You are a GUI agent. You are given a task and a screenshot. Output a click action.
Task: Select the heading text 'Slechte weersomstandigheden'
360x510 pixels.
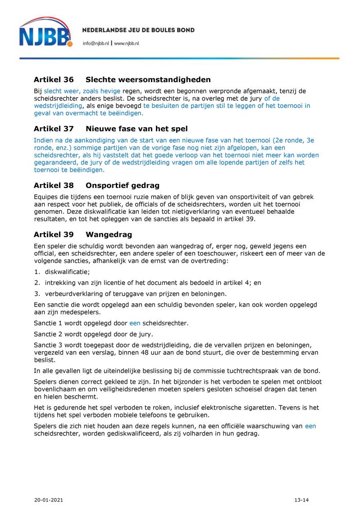point(148,80)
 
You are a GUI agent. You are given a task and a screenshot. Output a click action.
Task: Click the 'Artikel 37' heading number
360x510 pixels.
point(54,129)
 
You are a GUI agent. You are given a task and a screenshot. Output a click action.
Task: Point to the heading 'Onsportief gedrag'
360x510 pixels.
point(122,185)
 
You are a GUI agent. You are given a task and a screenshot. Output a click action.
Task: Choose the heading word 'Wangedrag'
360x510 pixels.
point(109,234)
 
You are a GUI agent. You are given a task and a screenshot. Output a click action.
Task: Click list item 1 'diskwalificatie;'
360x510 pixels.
point(67,271)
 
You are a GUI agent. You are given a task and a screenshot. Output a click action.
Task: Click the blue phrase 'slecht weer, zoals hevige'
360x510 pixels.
point(82,91)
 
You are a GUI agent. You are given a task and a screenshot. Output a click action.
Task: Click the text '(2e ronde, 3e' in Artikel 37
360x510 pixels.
point(293,140)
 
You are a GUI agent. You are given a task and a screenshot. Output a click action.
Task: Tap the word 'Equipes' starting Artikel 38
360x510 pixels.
point(46,197)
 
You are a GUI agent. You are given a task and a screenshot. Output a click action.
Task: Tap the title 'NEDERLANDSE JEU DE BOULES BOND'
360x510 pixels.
point(138,30)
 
